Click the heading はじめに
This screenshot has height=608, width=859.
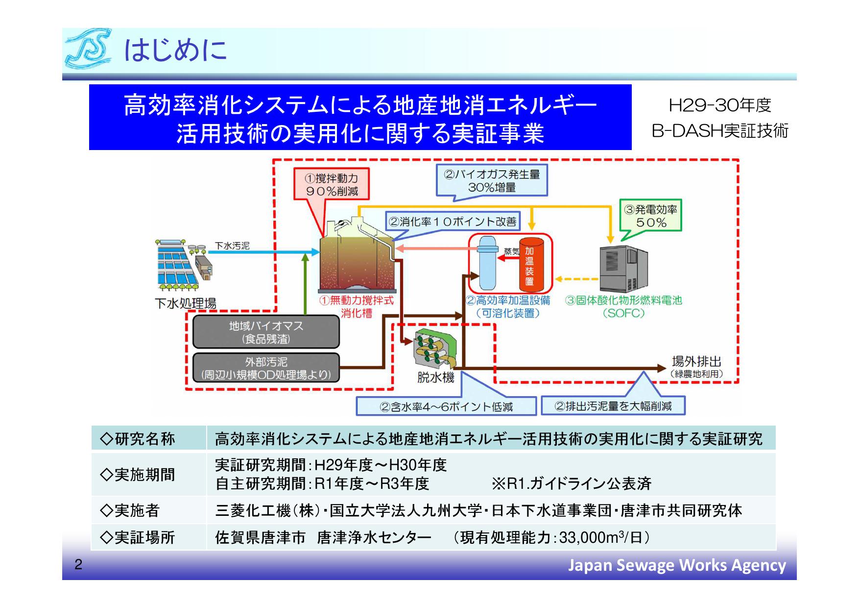click(175, 50)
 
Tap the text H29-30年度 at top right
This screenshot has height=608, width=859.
click(719, 105)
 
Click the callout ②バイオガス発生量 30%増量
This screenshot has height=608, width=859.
click(491, 180)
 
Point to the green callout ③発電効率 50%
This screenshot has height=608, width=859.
click(650, 216)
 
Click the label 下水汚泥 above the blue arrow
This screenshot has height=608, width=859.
click(232, 246)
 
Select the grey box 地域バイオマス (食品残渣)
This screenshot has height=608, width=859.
click(266, 332)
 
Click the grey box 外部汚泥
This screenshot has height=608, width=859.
click(266, 368)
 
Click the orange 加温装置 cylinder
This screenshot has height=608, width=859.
click(531, 265)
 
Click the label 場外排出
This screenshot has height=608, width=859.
click(696, 362)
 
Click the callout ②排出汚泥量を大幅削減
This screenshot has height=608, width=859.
click(612, 406)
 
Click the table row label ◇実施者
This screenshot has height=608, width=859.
click(130, 510)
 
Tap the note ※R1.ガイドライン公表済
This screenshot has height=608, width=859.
click(571, 483)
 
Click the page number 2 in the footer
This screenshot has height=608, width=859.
click(78, 565)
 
